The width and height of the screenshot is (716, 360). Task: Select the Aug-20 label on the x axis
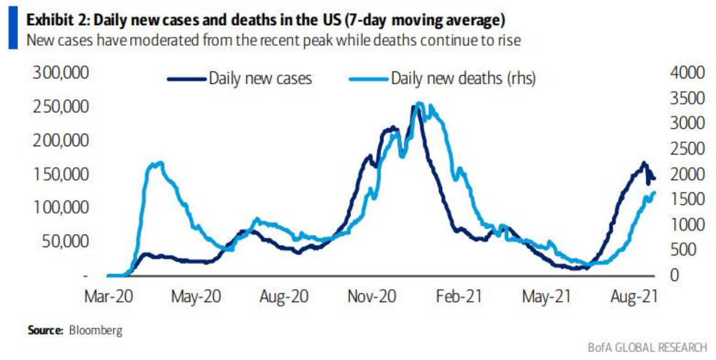coord(283,298)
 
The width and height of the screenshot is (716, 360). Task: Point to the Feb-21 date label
coord(459,298)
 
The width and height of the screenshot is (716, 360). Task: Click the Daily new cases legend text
coord(260,79)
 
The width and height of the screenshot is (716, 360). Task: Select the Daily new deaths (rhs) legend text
coord(463,79)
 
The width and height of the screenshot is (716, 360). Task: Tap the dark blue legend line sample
coord(186,79)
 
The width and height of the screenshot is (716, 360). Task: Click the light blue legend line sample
coord(368,79)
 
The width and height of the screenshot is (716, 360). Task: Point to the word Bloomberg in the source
coord(95,331)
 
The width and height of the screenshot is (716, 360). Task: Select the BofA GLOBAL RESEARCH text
coord(647,347)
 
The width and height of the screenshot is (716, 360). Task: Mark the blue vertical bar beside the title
coord(13,29)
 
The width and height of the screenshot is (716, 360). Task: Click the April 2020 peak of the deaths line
coord(158,163)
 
